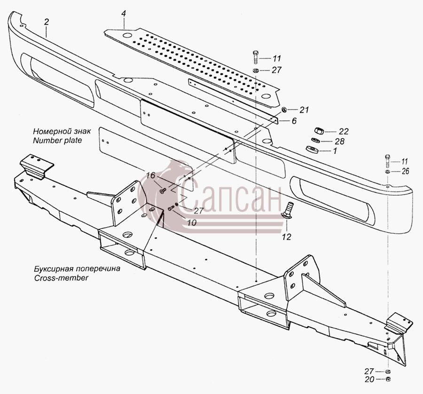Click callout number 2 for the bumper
(x=47, y=22)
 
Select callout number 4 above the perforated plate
(x=124, y=14)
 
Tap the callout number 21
(x=304, y=110)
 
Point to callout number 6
(x=294, y=121)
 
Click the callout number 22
(x=344, y=132)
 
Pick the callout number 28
(x=340, y=141)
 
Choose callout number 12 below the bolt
(x=287, y=237)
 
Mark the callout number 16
(x=150, y=175)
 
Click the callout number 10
(x=192, y=222)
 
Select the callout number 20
(x=369, y=379)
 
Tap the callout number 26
(x=405, y=171)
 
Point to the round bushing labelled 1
(x=312, y=149)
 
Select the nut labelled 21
(x=284, y=109)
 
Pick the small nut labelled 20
(x=388, y=378)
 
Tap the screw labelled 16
(x=163, y=191)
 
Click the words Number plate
(x=57, y=141)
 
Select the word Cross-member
(x=61, y=278)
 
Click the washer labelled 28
(x=315, y=140)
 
